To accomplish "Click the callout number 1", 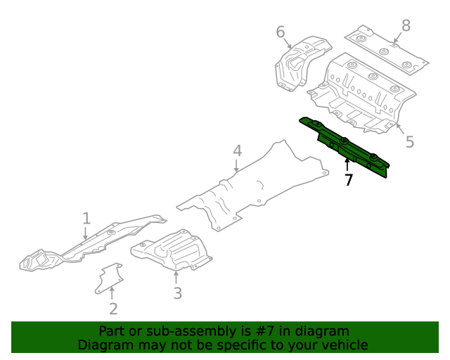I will [x=86, y=219].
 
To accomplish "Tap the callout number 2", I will [x=113, y=309].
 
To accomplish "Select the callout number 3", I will [x=177, y=292].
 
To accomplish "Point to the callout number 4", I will [x=237, y=150].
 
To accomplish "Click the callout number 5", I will [x=409, y=142].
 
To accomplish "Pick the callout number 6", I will [x=281, y=32].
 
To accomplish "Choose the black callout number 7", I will [x=348, y=180].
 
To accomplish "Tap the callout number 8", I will [x=406, y=26].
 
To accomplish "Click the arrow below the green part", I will [x=347, y=165].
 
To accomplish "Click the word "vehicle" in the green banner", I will [x=344, y=345].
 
